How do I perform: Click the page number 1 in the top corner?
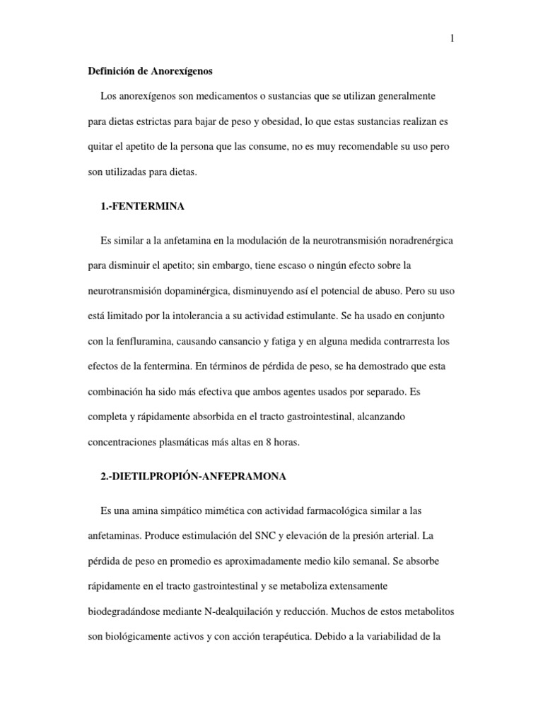[451, 39]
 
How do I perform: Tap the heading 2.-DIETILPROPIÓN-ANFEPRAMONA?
[194, 477]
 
